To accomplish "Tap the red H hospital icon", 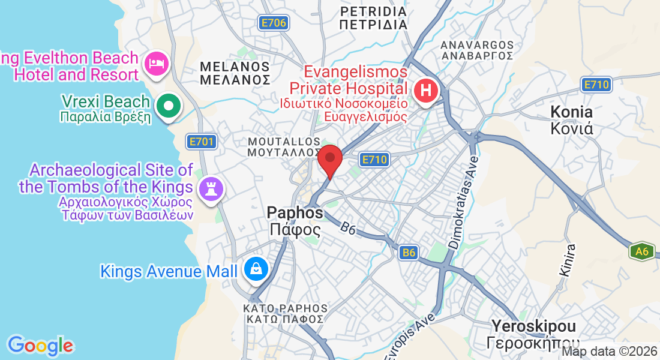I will [426, 92].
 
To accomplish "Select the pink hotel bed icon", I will [157, 64].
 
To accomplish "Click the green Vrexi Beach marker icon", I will [169, 106].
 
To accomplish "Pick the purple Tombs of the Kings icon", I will [211, 188].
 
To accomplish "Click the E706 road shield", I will [274, 23].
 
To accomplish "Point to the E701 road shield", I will [200, 142].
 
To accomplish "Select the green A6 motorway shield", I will [641, 251].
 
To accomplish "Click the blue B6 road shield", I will [409, 253].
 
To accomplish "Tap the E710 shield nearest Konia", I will [596, 85].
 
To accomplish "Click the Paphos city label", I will [295, 220].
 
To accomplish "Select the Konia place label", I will [572, 119].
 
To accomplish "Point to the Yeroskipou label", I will [533, 334].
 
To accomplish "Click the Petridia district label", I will [373, 18].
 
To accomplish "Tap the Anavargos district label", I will [477, 50].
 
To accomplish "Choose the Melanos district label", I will [235, 72].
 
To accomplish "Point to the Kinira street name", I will [567, 259].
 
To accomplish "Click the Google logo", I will [40, 346].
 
